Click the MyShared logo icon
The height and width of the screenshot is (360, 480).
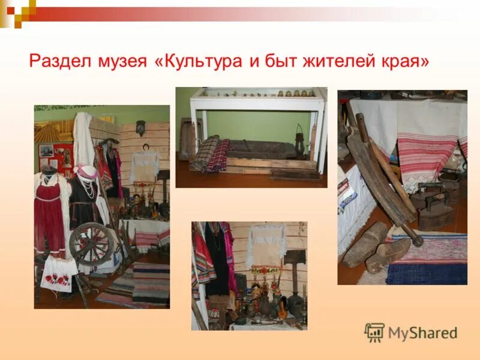pyautogui.click(x=374, y=332)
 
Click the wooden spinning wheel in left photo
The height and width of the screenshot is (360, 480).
pyautogui.click(x=90, y=244)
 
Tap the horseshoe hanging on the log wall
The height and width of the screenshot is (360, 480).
pyautogui.click(x=144, y=148)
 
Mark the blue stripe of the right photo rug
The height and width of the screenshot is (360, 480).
pyautogui.click(x=426, y=273)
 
